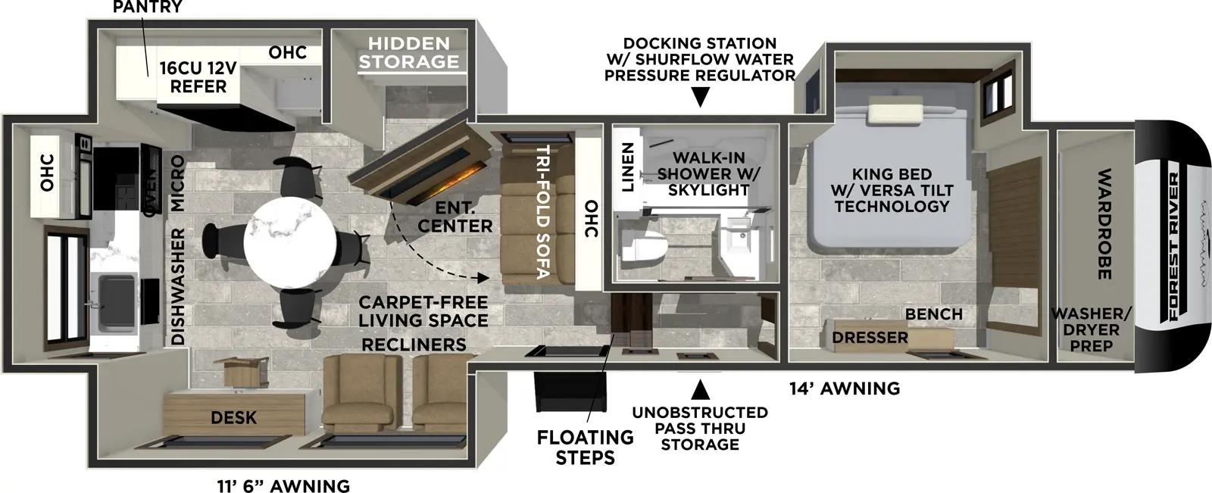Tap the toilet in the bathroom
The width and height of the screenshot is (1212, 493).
click(642, 248)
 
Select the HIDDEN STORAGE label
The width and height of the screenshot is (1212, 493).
click(409, 52)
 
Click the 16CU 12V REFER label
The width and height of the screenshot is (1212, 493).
click(198, 77)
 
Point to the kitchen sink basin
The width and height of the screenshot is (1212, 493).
click(117, 298)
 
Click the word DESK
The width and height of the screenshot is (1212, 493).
click(233, 417)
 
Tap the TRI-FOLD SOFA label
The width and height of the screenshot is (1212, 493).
click(542, 212)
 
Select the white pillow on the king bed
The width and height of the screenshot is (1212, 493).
click(896, 113)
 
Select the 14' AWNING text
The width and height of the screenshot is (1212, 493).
click(845, 389)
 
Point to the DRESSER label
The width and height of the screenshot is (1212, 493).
click(870, 337)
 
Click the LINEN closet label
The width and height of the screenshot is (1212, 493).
click(627, 167)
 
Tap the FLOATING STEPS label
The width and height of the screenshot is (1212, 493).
click(585, 448)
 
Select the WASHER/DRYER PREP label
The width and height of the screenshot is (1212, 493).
click(1091, 329)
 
